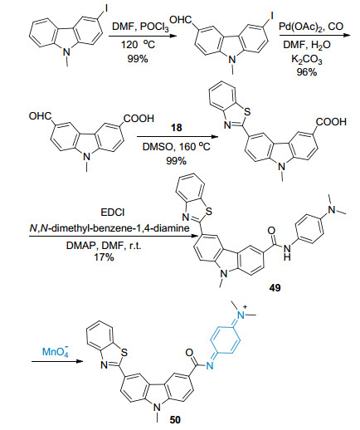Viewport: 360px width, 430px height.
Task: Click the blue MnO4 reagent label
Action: pos(56,351)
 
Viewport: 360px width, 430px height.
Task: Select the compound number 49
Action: pos(275,288)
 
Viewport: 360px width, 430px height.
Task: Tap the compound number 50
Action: pos(175,420)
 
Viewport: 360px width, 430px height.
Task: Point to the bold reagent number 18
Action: pos(177,128)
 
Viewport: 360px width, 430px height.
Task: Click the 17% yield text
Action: pos(104,257)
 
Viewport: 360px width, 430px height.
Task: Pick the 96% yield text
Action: pos(307,72)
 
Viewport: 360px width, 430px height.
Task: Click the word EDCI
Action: pos(113,213)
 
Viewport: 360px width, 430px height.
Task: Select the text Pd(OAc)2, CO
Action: pos(311,27)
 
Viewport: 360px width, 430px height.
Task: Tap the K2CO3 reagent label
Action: pos(307,59)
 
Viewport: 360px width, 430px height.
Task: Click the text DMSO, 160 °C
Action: pos(177,146)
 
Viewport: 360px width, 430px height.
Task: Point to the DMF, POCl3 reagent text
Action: pos(140,27)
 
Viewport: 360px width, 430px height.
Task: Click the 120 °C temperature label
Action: pos(138,44)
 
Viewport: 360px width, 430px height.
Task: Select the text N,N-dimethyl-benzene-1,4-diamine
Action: pos(109,228)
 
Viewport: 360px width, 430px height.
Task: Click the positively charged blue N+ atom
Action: pos(242,315)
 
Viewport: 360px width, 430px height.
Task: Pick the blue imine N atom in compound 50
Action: pos(210,366)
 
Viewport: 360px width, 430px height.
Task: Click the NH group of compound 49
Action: pos(287,253)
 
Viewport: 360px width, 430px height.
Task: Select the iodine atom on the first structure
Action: pos(105,9)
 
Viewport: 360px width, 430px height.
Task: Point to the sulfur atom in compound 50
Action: pos(124,353)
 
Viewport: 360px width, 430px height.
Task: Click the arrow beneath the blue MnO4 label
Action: pos(57,361)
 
